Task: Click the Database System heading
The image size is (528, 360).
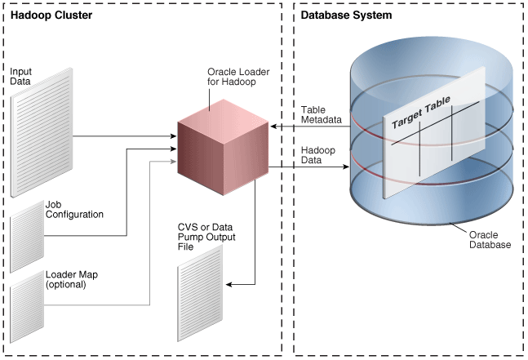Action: [x=346, y=16]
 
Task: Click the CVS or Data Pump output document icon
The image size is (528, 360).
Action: [x=199, y=291]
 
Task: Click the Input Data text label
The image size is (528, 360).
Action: [x=21, y=76]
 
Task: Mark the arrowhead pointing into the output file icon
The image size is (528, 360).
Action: [x=229, y=284]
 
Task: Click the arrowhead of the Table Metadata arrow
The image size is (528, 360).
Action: [x=274, y=127]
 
